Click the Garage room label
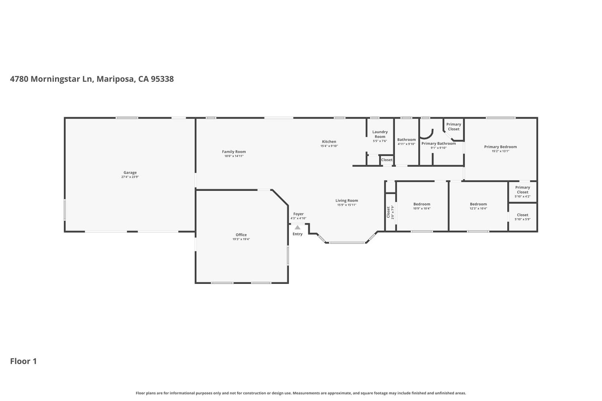pyautogui.click(x=130, y=172)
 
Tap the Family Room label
pyautogui.click(x=234, y=152)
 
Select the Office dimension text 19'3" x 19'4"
pyautogui.click(x=241, y=239)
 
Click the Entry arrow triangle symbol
pyautogui.click(x=297, y=227)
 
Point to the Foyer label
pyautogui.click(x=298, y=214)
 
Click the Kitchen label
pyautogui.click(x=329, y=142)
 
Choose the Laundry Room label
pyautogui.click(x=380, y=134)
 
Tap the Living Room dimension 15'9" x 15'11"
pyautogui.click(x=347, y=205)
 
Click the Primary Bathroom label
pyautogui.click(x=438, y=144)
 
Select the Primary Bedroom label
pyautogui.click(x=500, y=147)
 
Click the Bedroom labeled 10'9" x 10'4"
pyautogui.click(x=422, y=204)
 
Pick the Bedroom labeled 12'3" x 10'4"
pyautogui.click(x=478, y=204)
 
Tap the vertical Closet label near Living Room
pyautogui.click(x=388, y=212)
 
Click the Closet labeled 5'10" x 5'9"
pyautogui.click(x=523, y=215)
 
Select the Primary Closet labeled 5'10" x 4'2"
pyautogui.click(x=523, y=190)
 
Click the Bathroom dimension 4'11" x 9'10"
pyautogui.click(x=407, y=144)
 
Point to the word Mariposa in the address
pyautogui.click(x=115, y=79)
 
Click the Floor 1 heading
pyautogui.click(x=23, y=361)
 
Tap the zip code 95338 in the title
pyautogui.click(x=162, y=79)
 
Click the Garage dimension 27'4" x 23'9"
pyautogui.click(x=130, y=177)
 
